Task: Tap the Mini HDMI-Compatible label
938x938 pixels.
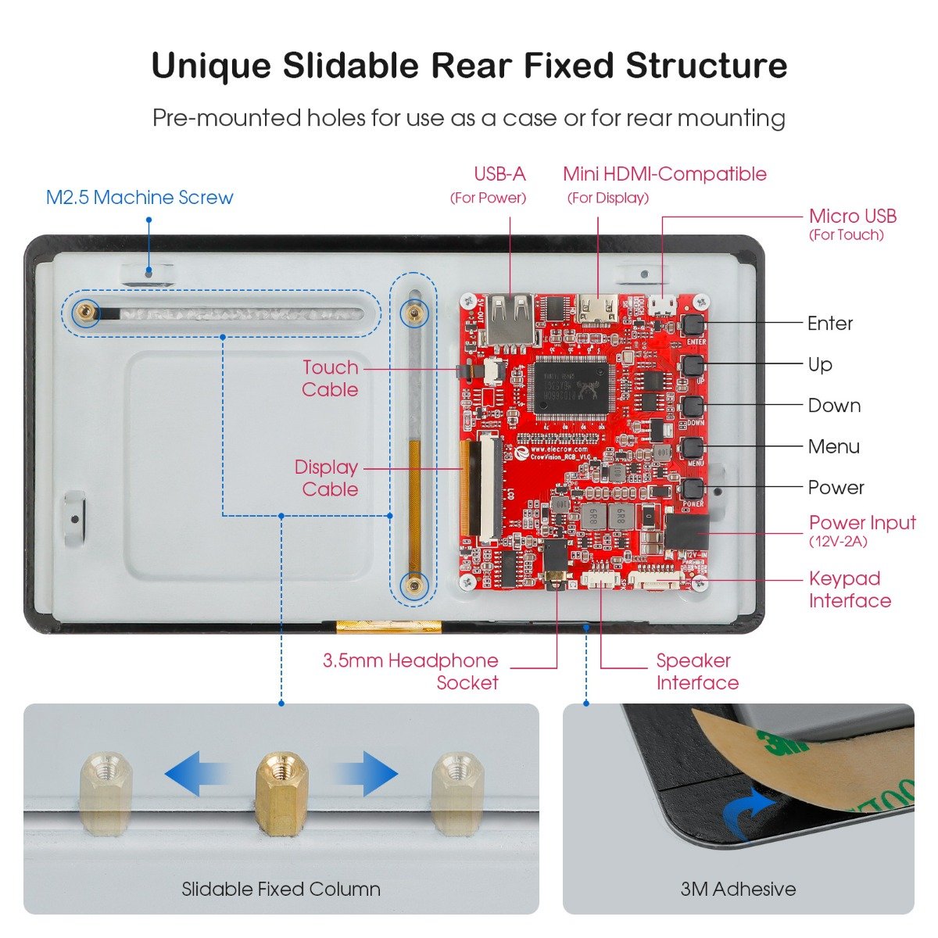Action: pos(664,174)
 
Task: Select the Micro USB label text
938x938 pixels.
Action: pos(852,216)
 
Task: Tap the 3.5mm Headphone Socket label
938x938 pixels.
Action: pos(410,671)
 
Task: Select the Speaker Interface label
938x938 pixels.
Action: pos(696,671)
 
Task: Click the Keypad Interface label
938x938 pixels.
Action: pos(849,589)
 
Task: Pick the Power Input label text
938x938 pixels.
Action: pos(861,523)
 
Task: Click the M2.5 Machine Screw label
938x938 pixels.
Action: pos(139,197)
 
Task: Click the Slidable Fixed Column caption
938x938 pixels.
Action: pos(281,889)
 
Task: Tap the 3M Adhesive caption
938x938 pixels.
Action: pos(738,889)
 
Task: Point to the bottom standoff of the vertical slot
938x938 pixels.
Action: pos(414,584)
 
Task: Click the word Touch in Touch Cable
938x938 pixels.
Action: pos(330,367)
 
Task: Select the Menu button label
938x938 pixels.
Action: pos(833,446)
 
